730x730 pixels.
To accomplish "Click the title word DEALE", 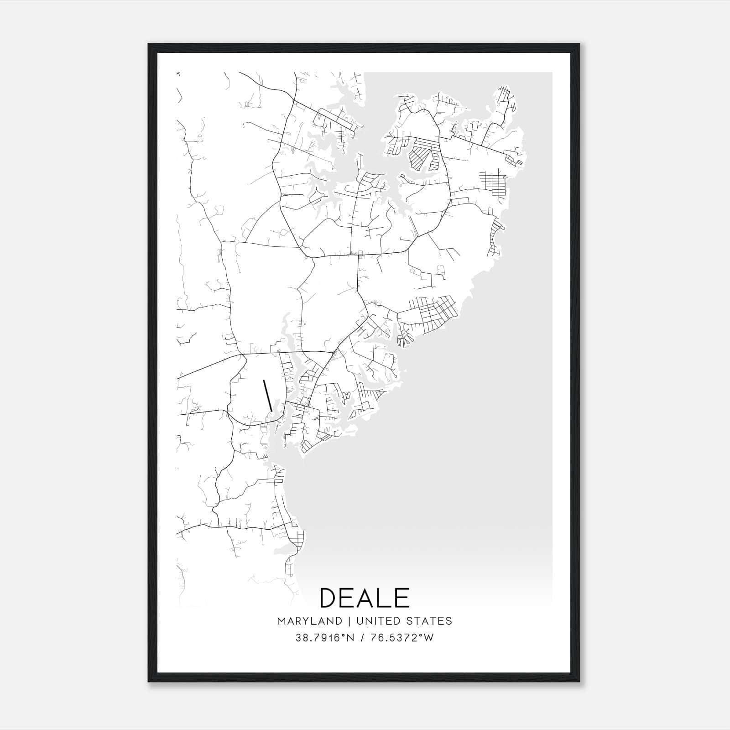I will [365, 598].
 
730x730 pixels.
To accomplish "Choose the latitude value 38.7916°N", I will [325, 638].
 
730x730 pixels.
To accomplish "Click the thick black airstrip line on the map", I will [268, 394].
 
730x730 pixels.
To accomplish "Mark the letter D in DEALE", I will [329, 598].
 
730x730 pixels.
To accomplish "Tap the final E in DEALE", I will [401, 598].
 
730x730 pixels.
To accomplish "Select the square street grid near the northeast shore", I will [492, 182].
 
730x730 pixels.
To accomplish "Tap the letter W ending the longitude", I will [428, 638].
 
